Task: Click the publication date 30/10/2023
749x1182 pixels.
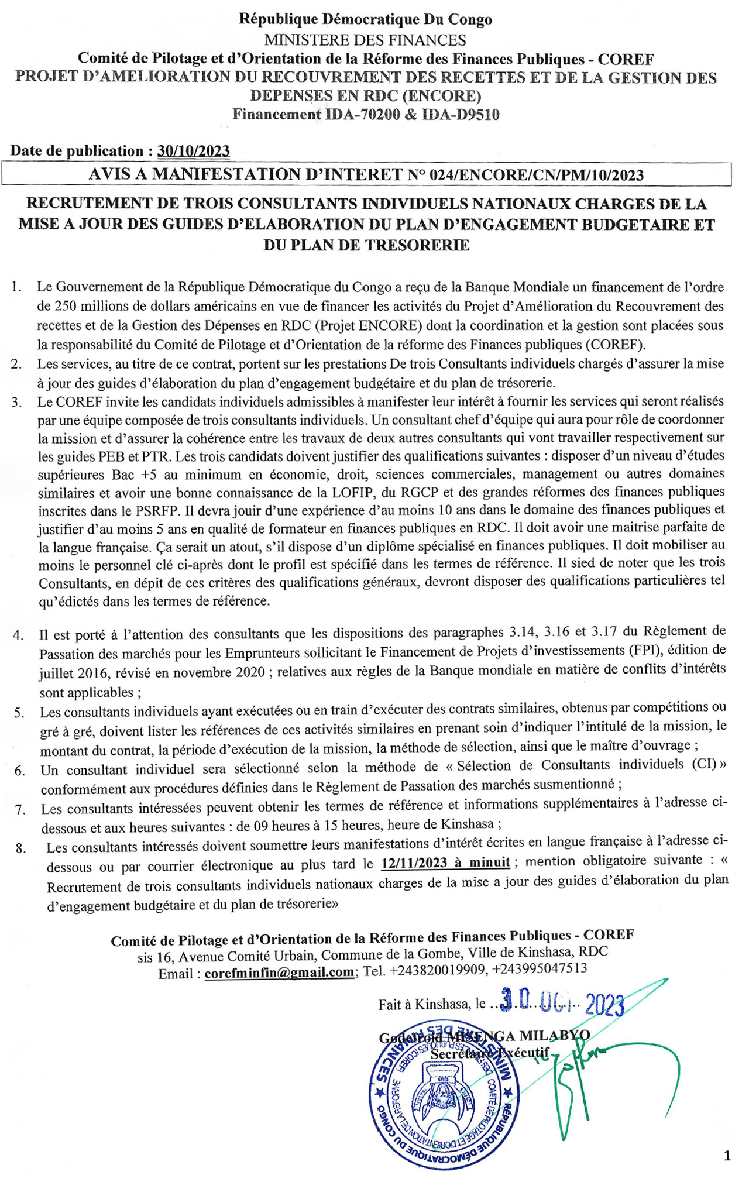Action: click(x=193, y=151)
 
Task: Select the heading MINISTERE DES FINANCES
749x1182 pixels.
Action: click(x=365, y=40)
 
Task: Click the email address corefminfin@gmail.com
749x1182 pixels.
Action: click(x=279, y=972)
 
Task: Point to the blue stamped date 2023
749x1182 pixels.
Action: click(x=604, y=1005)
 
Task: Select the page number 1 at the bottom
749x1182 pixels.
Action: click(x=727, y=1156)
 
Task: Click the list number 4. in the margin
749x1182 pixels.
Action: click(x=18, y=635)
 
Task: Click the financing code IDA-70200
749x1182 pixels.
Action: click(x=362, y=114)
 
